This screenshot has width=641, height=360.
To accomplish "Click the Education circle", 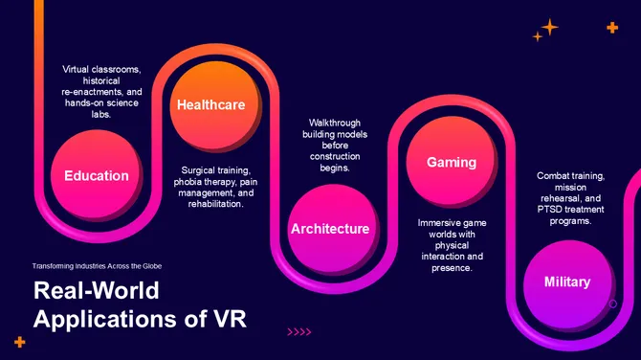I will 96,176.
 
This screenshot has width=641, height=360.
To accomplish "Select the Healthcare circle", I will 210,105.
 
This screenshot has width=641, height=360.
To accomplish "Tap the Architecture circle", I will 330,229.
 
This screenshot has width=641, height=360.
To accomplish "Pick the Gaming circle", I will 451,163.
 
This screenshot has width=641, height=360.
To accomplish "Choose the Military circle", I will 567,282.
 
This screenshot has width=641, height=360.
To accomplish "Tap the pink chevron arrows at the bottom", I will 299,332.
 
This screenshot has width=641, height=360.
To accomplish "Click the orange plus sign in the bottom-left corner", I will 19,341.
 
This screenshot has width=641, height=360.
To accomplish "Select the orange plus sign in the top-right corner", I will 612,28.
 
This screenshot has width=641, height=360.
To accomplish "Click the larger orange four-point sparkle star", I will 550,27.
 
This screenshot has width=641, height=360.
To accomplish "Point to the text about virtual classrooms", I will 101,92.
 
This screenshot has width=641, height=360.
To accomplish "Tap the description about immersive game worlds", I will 453,245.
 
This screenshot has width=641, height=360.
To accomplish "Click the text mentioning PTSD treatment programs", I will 571,198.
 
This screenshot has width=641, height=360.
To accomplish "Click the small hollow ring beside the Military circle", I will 613,304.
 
